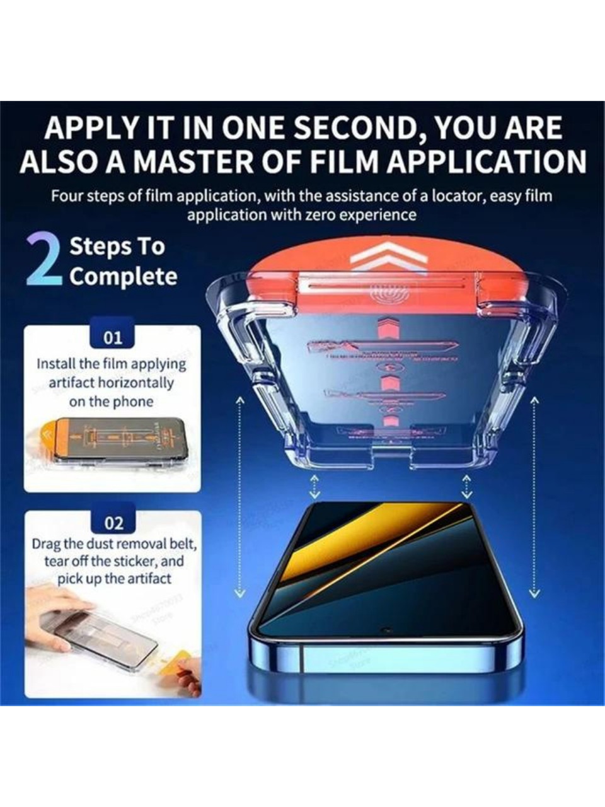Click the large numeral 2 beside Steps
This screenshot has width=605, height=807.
point(44,261)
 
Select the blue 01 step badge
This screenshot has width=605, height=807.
point(113,337)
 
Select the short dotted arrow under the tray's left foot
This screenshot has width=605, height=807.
point(314,486)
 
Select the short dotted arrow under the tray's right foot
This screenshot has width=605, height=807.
point(466,486)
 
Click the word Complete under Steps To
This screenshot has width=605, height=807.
point(124,276)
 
